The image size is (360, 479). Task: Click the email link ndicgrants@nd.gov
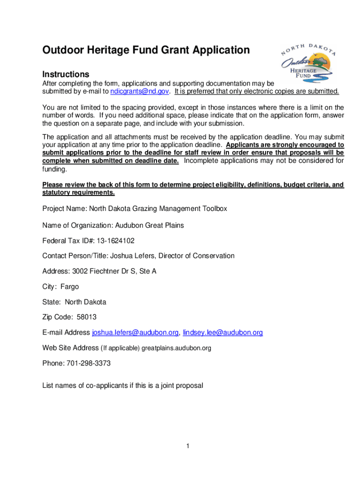139,91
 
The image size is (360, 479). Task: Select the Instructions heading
65,74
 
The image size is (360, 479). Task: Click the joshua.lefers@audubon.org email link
135,333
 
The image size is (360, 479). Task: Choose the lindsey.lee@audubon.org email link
223,333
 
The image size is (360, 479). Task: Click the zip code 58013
87,317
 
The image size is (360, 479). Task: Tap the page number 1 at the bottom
187,446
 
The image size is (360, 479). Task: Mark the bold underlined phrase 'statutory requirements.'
78,193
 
